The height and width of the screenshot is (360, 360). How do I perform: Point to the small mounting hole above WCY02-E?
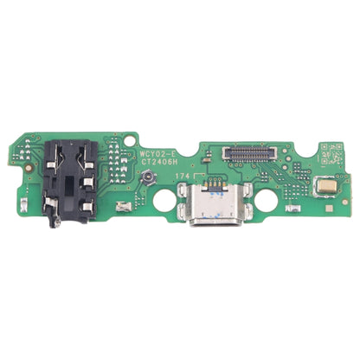click(x=131, y=138)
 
